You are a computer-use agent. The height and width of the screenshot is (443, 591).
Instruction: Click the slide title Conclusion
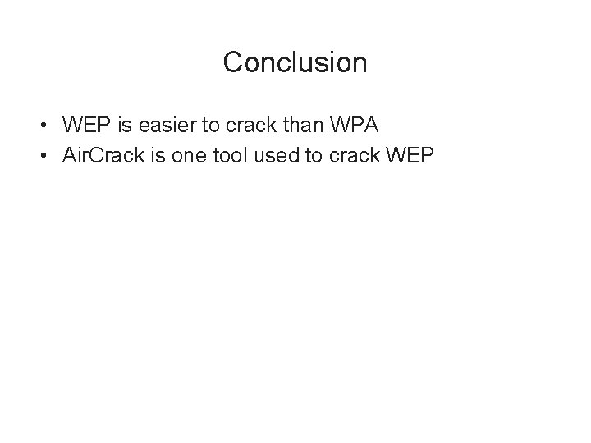click(295, 62)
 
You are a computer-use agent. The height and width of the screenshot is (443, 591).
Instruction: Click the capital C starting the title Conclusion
click(233, 62)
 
